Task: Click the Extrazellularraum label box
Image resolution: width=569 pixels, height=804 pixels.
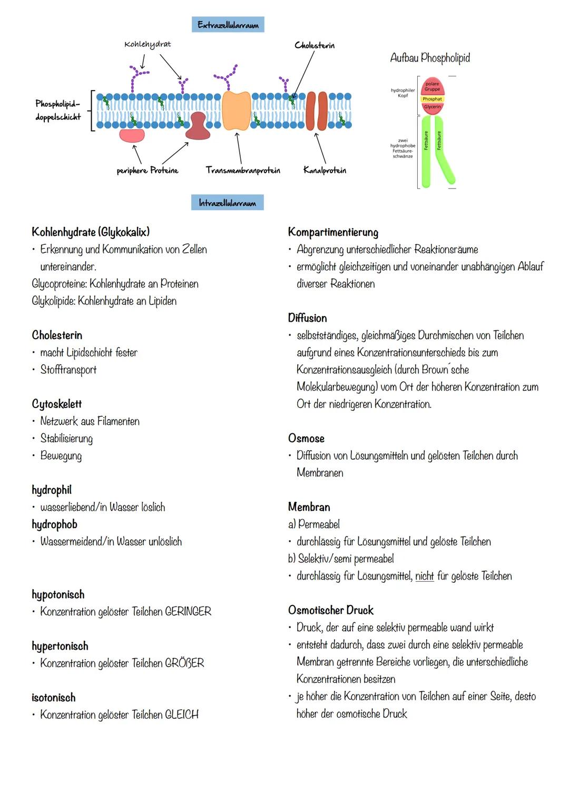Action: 228,25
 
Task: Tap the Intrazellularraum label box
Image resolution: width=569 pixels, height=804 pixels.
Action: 227,203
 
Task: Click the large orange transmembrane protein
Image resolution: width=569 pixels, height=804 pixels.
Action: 236,111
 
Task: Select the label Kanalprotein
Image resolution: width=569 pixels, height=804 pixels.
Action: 325,170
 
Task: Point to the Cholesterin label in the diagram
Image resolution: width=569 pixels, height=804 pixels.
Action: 315,45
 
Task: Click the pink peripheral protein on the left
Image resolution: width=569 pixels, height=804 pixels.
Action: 132,135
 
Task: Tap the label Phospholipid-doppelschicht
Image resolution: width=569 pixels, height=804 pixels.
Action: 58,110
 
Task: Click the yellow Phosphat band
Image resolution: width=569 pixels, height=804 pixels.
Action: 432,99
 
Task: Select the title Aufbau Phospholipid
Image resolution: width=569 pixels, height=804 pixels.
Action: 430,58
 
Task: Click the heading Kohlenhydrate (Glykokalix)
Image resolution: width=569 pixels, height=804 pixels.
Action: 91,232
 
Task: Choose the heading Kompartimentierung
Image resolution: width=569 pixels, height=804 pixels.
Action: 333,232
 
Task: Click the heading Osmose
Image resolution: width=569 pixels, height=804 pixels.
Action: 306,438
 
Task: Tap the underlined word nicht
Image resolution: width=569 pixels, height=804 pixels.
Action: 424,576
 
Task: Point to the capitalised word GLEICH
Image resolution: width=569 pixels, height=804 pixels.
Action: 182,714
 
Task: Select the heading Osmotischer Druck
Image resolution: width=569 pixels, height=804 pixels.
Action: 330,610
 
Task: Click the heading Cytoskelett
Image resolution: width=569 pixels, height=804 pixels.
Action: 57,404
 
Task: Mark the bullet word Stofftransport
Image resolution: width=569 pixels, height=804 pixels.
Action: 68,370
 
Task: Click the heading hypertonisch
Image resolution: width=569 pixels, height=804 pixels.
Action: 60,646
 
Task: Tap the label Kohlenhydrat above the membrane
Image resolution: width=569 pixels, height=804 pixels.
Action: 148,44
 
